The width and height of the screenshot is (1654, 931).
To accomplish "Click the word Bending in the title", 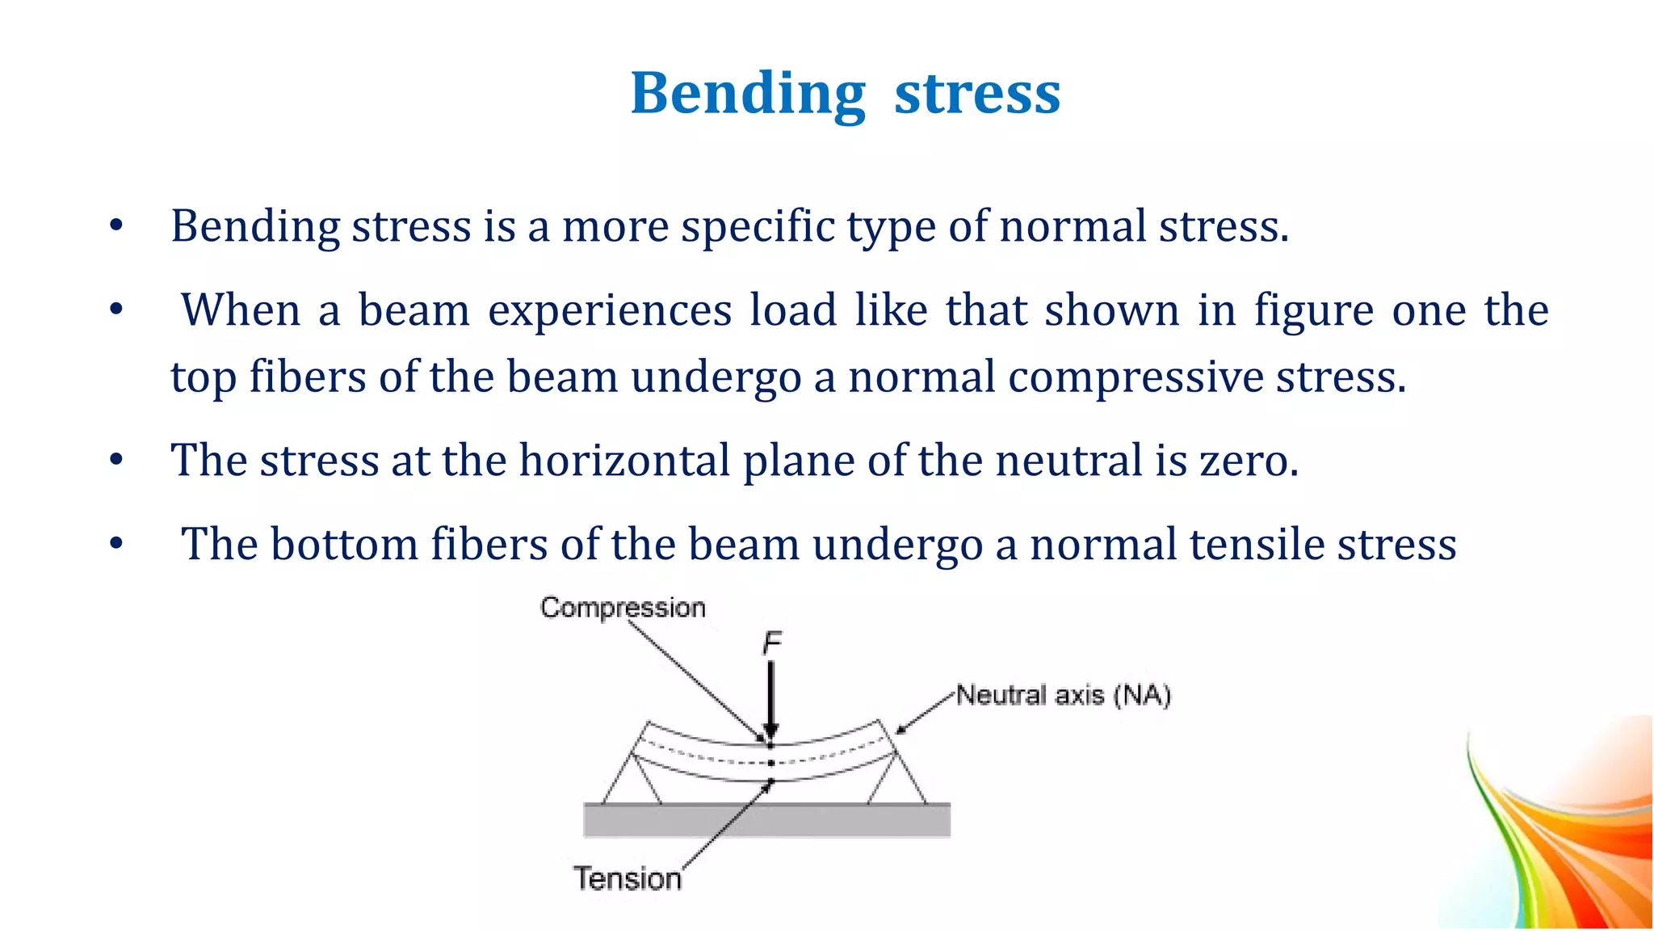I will (x=748, y=95).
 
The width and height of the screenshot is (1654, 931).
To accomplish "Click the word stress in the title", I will (x=977, y=95).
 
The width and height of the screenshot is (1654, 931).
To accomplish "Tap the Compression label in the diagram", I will (x=623, y=608).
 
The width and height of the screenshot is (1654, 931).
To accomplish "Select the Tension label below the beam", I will (x=628, y=878).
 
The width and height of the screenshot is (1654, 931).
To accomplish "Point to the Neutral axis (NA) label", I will (x=1063, y=695).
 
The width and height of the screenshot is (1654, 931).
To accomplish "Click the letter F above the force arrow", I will (x=772, y=644).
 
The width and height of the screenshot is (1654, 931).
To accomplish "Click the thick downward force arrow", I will (x=771, y=695).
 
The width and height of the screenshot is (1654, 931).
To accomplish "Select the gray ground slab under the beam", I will (x=766, y=820).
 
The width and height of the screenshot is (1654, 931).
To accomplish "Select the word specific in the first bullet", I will (x=758, y=226).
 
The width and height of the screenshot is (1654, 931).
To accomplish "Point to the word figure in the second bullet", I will (x=1313, y=310).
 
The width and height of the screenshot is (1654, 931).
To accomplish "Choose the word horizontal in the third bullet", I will (x=624, y=461).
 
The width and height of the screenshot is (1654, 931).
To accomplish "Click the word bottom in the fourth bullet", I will (x=343, y=544).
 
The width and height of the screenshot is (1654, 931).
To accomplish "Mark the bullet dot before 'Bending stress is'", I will (x=116, y=226).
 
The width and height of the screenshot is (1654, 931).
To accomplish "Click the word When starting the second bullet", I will (x=241, y=310).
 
